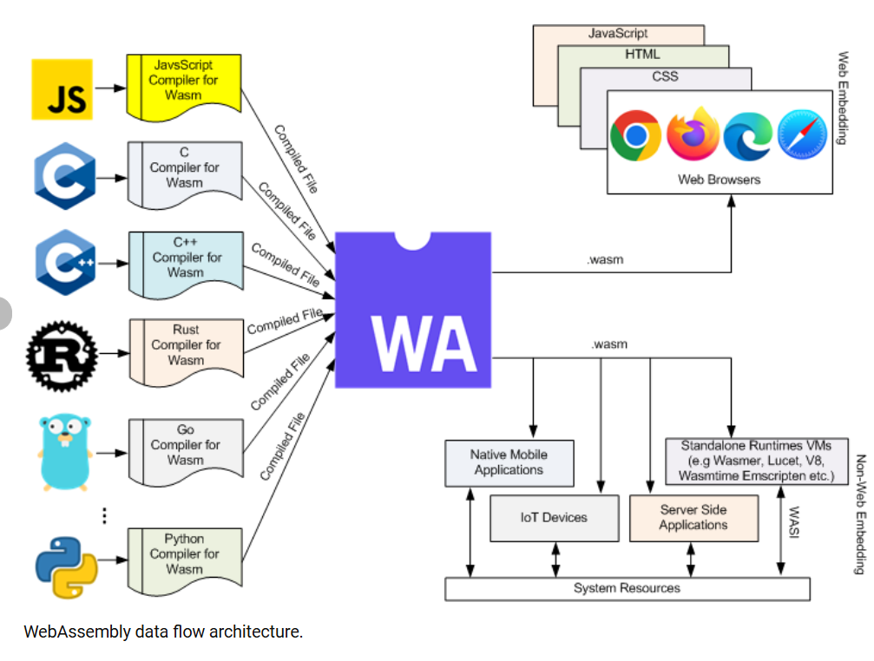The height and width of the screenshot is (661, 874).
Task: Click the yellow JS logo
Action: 62,89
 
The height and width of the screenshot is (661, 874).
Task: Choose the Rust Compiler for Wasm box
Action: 186,345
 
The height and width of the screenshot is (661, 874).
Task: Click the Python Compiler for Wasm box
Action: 184,554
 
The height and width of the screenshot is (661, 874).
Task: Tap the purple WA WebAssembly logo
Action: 412,309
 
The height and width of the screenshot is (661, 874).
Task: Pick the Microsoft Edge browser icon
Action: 748,136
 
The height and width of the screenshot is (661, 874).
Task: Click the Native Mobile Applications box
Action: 509,462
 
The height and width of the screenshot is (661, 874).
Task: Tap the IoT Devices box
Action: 554,517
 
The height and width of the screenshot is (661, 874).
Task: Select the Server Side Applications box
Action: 693,517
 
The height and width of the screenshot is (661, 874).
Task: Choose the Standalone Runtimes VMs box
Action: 756,461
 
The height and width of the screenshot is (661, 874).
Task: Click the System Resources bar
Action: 627,588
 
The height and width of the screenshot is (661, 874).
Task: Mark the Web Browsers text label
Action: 719,180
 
